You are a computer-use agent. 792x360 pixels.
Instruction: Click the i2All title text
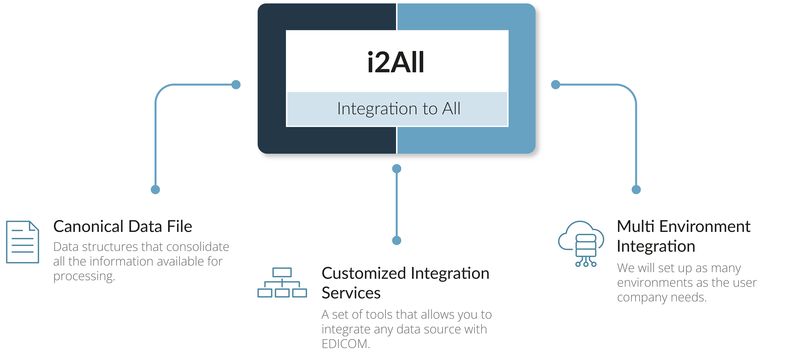(x=396, y=62)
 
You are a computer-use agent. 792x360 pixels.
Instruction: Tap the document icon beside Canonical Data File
(x=22, y=242)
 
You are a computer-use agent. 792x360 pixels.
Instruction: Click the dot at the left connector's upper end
(x=236, y=85)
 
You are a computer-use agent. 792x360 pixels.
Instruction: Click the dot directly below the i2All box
(x=397, y=168)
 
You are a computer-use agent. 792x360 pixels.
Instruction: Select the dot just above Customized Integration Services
(x=397, y=240)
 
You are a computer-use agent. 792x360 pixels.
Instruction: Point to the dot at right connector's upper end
(x=556, y=85)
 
